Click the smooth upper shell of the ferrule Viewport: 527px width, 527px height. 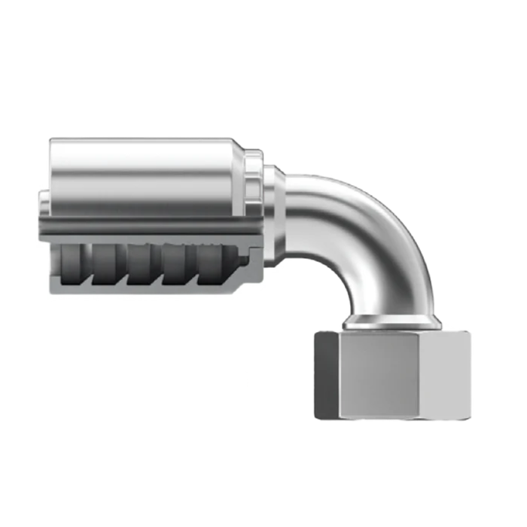(x=143, y=169)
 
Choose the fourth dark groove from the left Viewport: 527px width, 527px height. (x=180, y=263)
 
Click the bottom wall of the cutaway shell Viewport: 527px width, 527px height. (x=143, y=290)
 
